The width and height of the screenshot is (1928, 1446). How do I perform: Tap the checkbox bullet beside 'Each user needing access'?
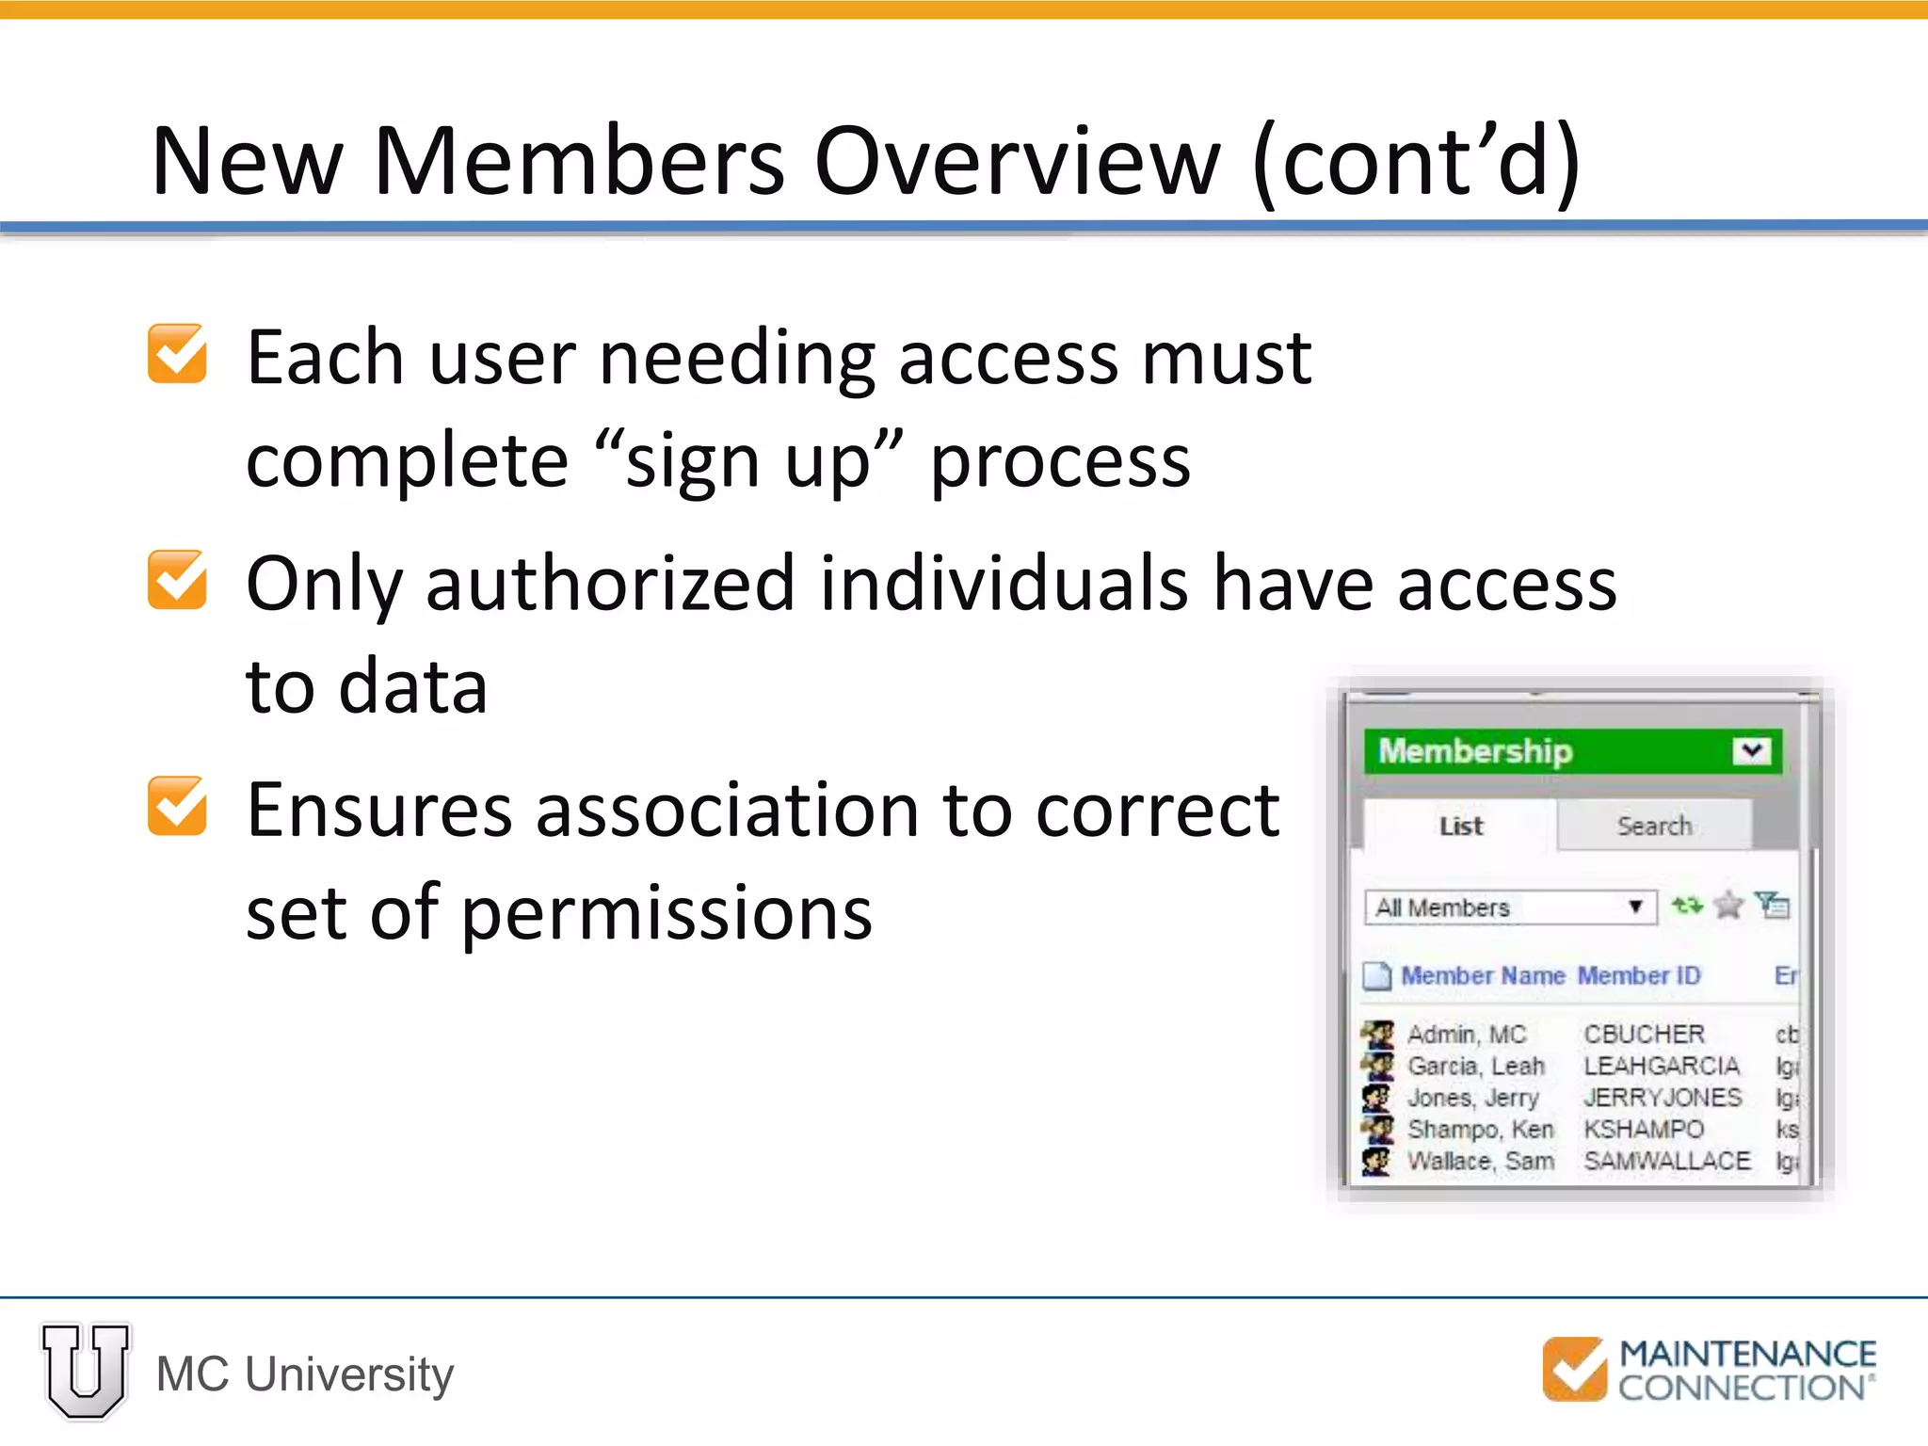click(x=177, y=354)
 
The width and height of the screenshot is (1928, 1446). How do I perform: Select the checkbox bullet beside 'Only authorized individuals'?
click(x=177, y=580)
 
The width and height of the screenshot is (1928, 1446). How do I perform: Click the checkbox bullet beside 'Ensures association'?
click(x=177, y=806)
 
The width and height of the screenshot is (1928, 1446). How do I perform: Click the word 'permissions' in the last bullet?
click(x=667, y=913)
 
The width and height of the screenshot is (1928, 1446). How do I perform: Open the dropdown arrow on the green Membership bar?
click(x=1751, y=751)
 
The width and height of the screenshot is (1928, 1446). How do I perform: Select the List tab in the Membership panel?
click(x=1459, y=826)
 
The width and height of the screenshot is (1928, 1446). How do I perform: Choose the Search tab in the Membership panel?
click(x=1654, y=826)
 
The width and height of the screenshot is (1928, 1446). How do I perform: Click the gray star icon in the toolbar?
click(x=1728, y=906)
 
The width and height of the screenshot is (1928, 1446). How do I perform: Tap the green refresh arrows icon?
click(x=1686, y=906)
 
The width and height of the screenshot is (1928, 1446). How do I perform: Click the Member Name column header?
click(x=1482, y=975)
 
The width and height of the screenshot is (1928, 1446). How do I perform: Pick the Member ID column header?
click(x=1639, y=975)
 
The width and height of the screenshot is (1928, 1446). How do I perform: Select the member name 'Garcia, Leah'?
click(x=1475, y=1066)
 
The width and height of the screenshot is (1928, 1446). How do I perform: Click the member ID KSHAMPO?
click(x=1643, y=1129)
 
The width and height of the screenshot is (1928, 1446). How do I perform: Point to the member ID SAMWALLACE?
click(x=1666, y=1161)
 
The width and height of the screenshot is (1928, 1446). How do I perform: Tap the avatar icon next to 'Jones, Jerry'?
click(x=1376, y=1098)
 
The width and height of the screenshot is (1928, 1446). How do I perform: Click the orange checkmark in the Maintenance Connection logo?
click(x=1575, y=1369)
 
